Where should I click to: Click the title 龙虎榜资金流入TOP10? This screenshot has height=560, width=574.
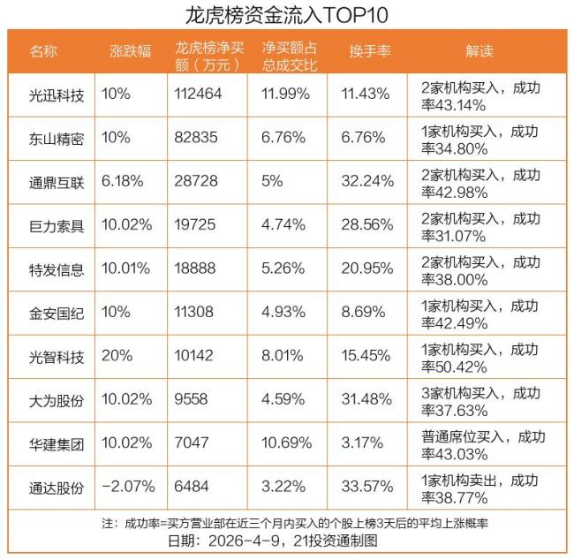[x=287, y=15]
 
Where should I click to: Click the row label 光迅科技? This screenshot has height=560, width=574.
[x=57, y=94]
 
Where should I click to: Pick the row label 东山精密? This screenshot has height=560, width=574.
[x=57, y=137]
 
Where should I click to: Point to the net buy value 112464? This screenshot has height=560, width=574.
[x=198, y=94]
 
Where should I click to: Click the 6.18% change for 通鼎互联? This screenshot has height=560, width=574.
[x=122, y=180]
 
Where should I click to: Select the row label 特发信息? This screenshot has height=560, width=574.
[x=57, y=269]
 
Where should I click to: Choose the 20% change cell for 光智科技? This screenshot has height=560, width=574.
[x=117, y=356]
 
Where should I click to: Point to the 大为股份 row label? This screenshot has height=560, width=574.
[x=57, y=399]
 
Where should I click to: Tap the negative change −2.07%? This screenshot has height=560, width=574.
[x=129, y=487]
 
